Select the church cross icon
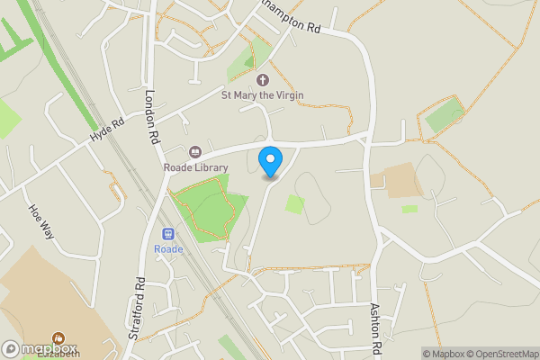[x=263, y=80]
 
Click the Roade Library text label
[x=195, y=167]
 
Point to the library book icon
[x=195, y=152]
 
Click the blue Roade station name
[x=168, y=249]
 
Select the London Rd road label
[x=152, y=116]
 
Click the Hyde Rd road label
[x=106, y=129]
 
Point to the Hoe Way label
[x=41, y=220]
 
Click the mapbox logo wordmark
[x=40, y=348]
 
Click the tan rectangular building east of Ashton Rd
[x=392, y=179]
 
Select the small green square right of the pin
[x=294, y=204]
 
